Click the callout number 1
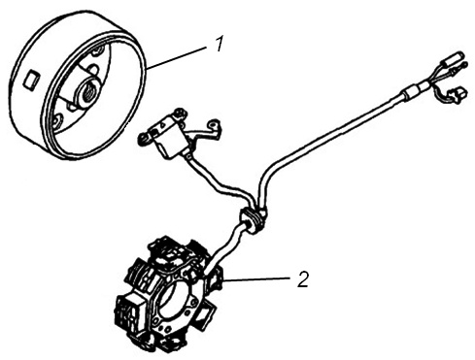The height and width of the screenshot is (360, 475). pyautogui.click(x=220, y=44)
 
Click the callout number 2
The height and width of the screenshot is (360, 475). pyautogui.click(x=303, y=279)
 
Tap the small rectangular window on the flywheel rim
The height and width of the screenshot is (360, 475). pyautogui.click(x=33, y=80)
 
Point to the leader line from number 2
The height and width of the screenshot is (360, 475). pyautogui.click(x=256, y=279)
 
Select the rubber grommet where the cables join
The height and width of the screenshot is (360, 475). pyautogui.click(x=253, y=219)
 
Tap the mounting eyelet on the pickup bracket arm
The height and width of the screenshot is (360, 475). pyautogui.click(x=214, y=123)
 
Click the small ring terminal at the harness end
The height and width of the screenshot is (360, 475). pyautogui.click(x=464, y=66)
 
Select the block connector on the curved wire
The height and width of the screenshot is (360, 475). pyautogui.click(x=458, y=94)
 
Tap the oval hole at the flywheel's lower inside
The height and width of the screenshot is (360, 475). pyautogui.click(x=58, y=121)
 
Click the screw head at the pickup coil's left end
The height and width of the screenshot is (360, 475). pyautogui.click(x=143, y=139)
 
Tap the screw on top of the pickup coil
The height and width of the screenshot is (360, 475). pyautogui.click(x=177, y=114)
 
